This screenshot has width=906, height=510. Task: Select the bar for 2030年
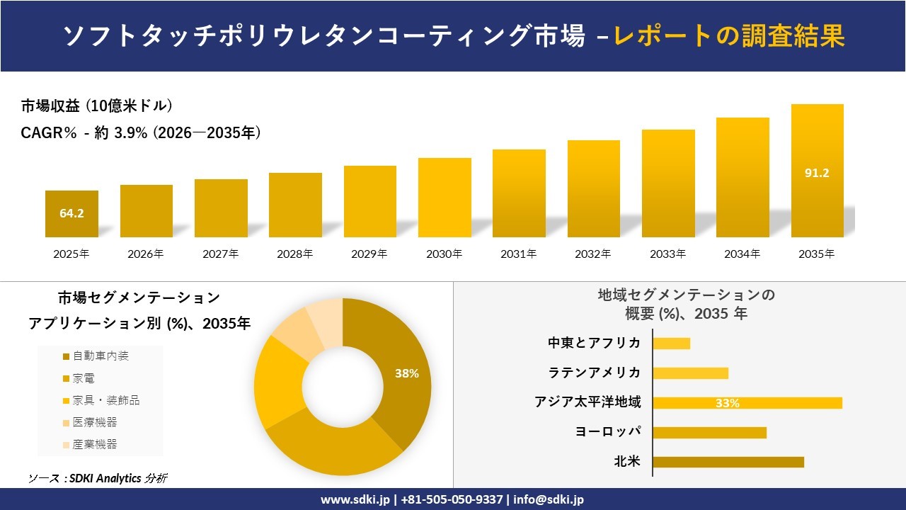click(445, 198)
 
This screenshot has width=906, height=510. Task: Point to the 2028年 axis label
click(295, 254)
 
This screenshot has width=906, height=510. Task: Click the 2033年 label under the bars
click(667, 254)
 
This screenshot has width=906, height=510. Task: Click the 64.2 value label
click(71, 212)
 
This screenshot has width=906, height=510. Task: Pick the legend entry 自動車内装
click(101, 356)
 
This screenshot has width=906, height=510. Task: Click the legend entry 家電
click(84, 378)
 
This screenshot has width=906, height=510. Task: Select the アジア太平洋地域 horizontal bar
click(747, 403)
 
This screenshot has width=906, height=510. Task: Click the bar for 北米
click(728, 462)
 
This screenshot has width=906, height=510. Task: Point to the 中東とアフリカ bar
click(671, 344)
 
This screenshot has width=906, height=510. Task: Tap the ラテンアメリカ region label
click(594, 373)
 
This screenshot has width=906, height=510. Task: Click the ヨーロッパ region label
click(608, 432)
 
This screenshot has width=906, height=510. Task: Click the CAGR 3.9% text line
click(141, 132)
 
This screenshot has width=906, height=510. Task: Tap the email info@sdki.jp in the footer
click(549, 499)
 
